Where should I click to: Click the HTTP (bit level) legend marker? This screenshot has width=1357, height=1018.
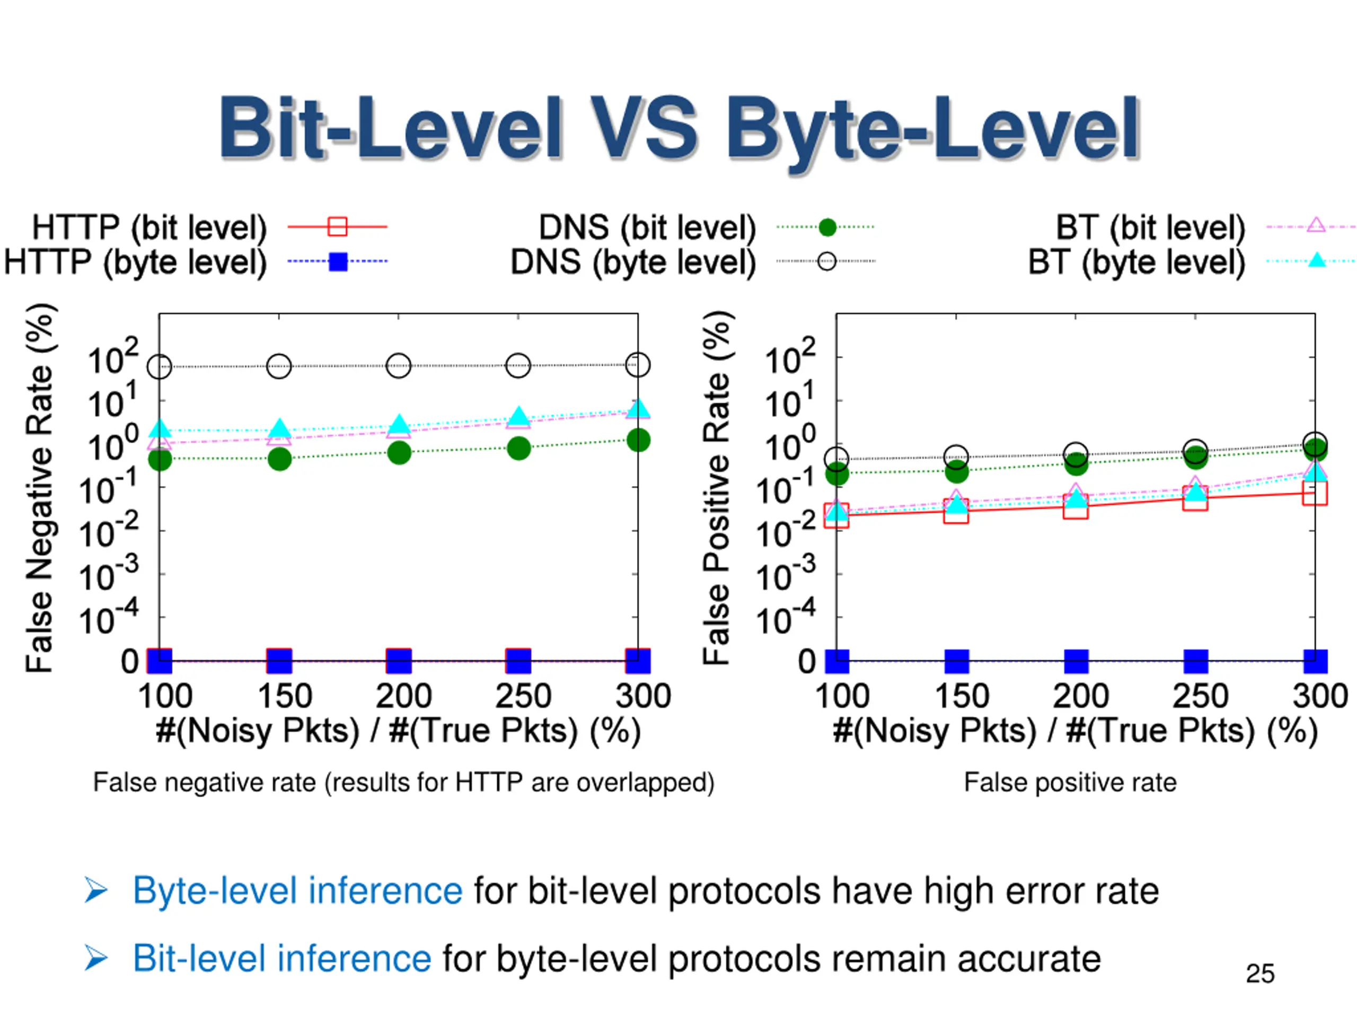(x=338, y=226)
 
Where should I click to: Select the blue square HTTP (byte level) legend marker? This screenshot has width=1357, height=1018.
(x=338, y=261)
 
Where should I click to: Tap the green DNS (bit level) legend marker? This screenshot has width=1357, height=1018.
(x=827, y=227)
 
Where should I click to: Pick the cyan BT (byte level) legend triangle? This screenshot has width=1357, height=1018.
(x=1316, y=261)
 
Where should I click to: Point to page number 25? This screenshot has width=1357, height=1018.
(x=1260, y=974)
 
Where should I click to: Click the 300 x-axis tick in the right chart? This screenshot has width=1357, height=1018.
(x=1319, y=696)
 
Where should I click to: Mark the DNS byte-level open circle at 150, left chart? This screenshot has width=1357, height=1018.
(x=279, y=366)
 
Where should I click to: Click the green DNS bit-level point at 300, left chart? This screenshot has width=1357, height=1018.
(x=639, y=440)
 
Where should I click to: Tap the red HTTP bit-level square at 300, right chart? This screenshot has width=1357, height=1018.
(x=1315, y=493)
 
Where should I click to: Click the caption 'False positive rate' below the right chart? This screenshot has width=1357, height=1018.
(x=1070, y=783)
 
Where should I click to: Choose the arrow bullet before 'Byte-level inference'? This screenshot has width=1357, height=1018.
(x=96, y=891)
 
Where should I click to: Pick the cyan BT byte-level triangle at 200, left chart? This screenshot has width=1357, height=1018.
(x=399, y=424)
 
